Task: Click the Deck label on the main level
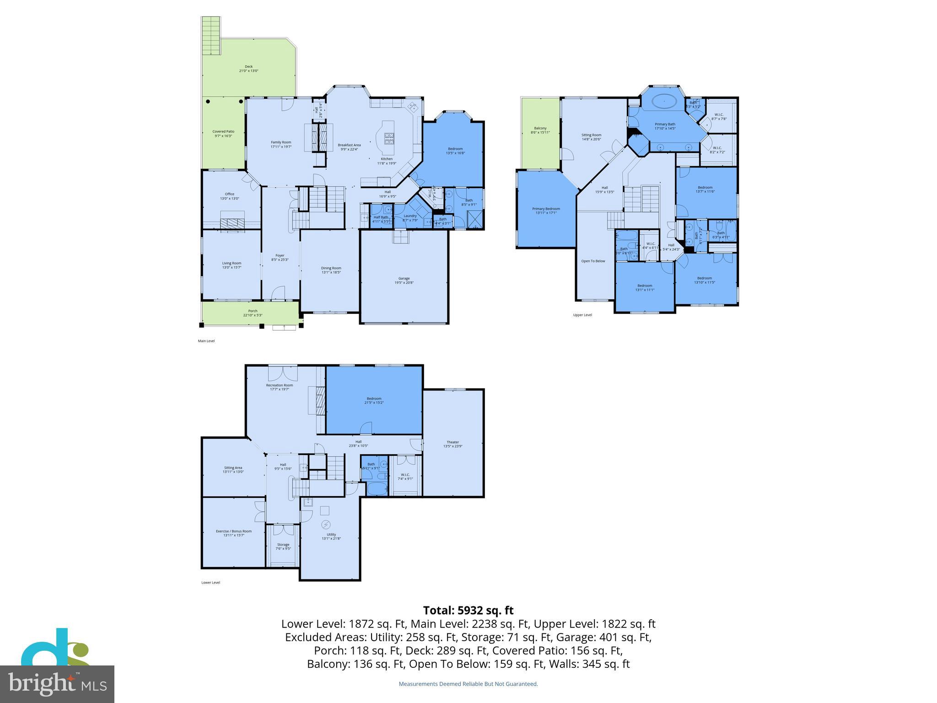(x=248, y=67)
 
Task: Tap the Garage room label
(x=404, y=278)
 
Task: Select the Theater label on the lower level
(x=452, y=442)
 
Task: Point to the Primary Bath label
(x=665, y=124)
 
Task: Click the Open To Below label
(x=593, y=261)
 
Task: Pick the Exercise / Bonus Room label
(x=234, y=531)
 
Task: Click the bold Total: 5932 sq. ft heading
(x=468, y=610)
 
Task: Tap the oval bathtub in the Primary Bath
(x=664, y=101)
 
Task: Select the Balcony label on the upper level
(x=540, y=129)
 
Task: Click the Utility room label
(x=331, y=535)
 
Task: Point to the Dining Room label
(x=331, y=268)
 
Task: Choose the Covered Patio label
(x=223, y=131)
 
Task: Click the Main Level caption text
(x=206, y=341)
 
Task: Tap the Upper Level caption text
(x=582, y=315)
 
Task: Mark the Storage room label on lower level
(x=283, y=545)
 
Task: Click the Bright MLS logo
(x=57, y=684)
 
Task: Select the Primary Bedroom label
(x=546, y=209)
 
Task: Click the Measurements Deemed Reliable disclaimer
(x=468, y=684)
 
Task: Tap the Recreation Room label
(x=279, y=385)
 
